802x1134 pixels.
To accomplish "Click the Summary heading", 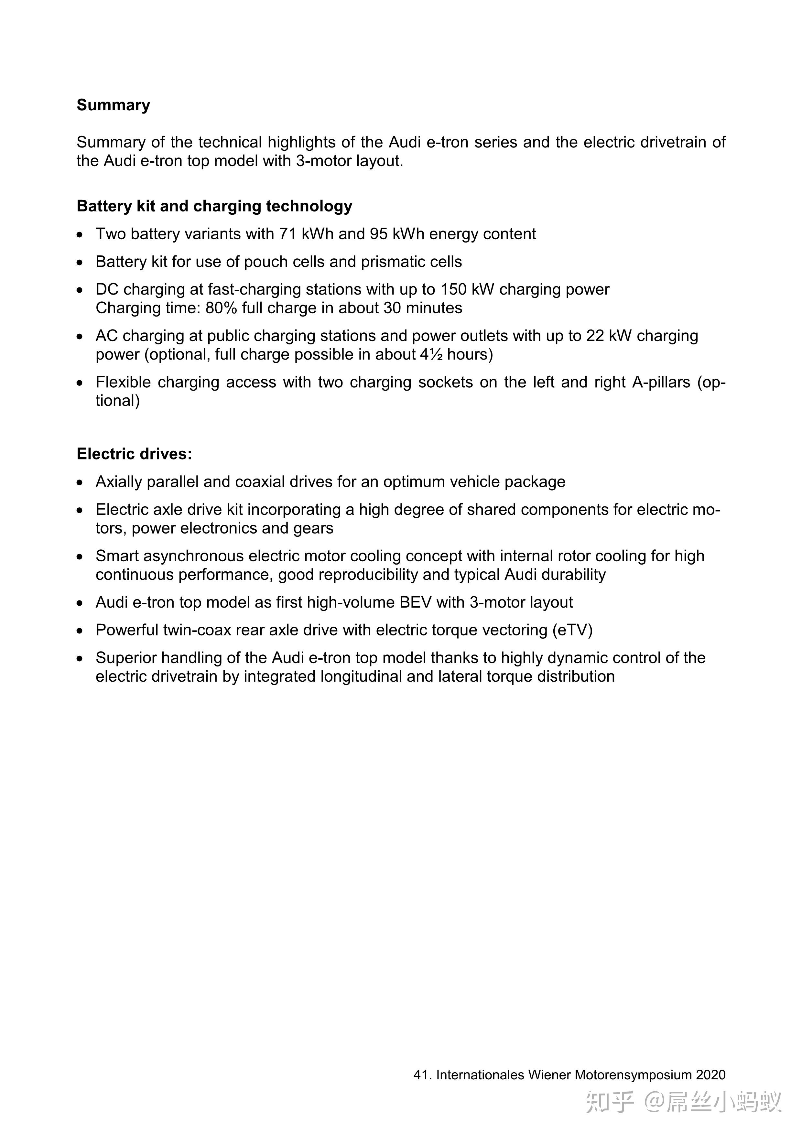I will click(x=113, y=105).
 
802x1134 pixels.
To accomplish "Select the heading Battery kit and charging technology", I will click(x=214, y=206).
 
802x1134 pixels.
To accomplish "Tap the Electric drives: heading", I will click(x=134, y=454).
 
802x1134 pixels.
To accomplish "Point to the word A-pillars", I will click(x=661, y=382).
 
